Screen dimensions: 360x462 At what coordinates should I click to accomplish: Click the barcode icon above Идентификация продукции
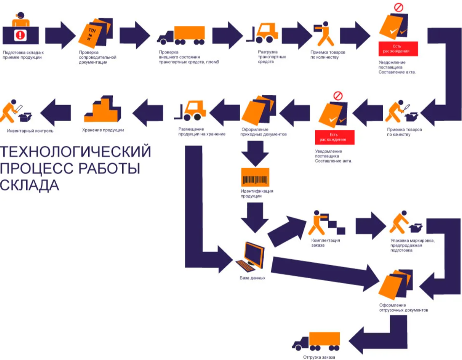click(255, 178)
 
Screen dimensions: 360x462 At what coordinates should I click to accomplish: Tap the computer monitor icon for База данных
click(251, 257)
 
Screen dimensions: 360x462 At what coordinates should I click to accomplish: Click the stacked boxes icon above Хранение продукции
click(103, 110)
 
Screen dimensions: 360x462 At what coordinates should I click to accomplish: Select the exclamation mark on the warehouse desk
click(20, 35)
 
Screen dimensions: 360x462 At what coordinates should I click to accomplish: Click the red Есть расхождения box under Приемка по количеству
click(398, 49)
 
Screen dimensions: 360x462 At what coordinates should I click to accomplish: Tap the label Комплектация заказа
click(326, 243)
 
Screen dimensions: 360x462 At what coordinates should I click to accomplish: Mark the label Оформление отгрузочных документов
click(403, 307)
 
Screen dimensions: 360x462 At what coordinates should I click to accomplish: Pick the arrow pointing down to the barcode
click(255, 152)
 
